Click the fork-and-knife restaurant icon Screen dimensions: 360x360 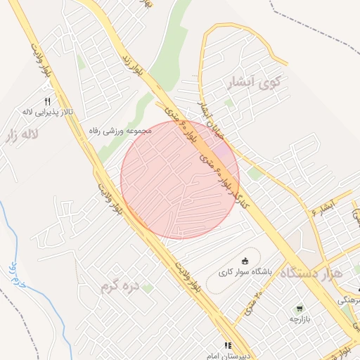47,101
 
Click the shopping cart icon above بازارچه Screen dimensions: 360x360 300,308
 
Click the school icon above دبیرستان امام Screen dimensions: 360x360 227,345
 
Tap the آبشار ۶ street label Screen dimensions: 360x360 324,207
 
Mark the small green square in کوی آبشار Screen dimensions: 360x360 229,103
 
